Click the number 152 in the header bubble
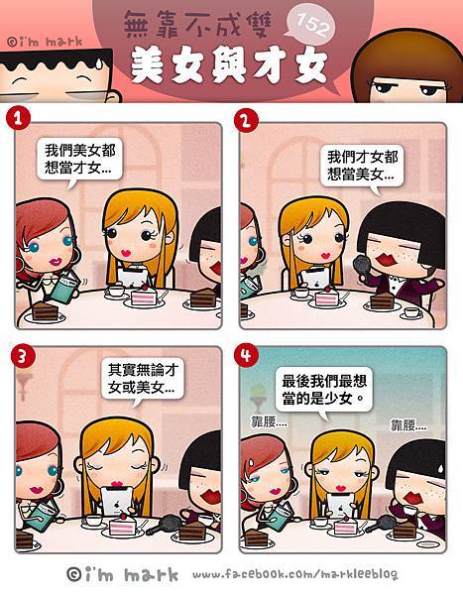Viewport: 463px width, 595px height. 311,24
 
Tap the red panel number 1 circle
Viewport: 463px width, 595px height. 18,118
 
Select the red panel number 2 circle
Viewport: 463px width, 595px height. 246,121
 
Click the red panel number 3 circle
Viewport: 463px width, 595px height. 23,356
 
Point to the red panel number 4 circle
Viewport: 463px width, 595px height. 246,355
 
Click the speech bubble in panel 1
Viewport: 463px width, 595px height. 80,160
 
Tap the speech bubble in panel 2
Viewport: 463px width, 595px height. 362,167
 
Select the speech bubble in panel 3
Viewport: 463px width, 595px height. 143,380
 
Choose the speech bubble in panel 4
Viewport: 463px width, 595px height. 324,391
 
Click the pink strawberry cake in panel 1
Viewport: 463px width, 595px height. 143,297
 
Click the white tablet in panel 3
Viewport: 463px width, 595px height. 117,502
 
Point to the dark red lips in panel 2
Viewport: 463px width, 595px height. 387,262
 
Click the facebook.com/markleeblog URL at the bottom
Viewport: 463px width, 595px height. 295,574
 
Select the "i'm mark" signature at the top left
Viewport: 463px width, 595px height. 45,41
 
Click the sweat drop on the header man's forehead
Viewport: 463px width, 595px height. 98,63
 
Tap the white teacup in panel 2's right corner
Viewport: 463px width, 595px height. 412,313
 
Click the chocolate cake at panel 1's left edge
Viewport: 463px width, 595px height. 45,311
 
